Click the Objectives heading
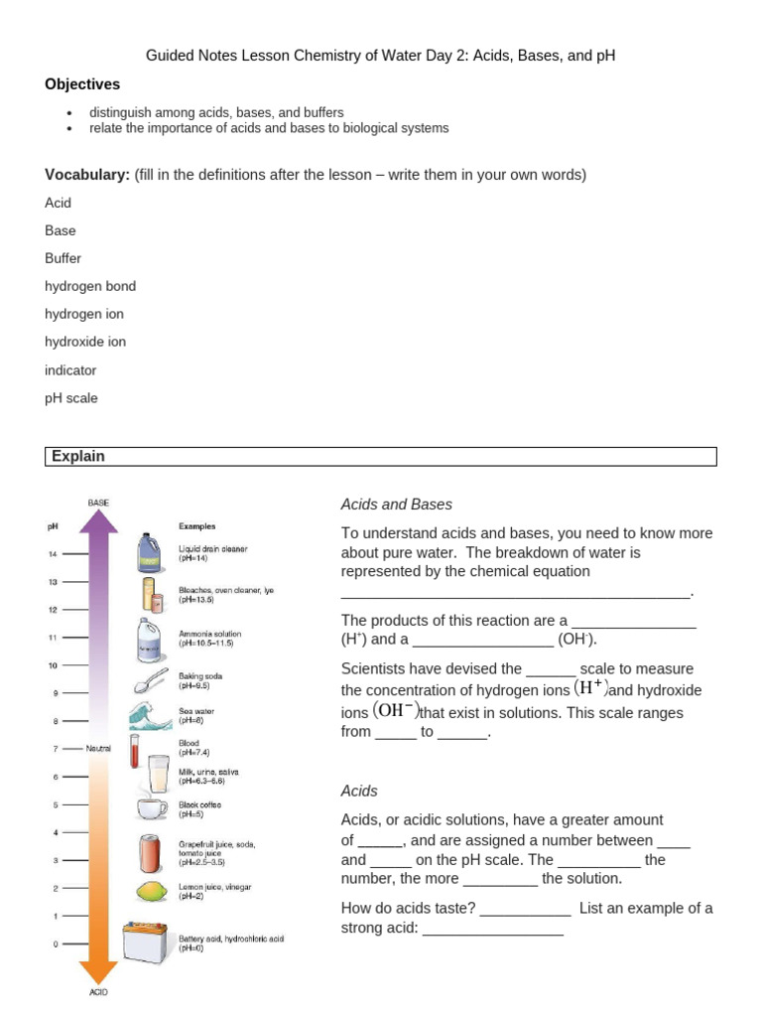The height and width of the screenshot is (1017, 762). click(82, 84)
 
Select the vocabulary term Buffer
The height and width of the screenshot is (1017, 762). click(63, 258)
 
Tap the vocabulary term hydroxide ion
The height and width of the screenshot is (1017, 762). click(85, 342)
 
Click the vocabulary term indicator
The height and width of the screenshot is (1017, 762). click(70, 370)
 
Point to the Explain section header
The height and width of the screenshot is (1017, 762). click(78, 457)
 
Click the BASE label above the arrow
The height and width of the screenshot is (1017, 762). click(98, 503)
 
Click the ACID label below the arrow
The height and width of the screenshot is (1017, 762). click(98, 991)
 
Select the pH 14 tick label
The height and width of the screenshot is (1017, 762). click(54, 554)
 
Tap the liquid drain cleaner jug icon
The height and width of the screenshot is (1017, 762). click(151, 552)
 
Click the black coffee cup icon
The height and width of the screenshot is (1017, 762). click(152, 808)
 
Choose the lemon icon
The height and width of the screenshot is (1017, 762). click(151, 891)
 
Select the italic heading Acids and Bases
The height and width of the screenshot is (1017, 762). click(396, 505)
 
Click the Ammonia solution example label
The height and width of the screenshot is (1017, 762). click(209, 634)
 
